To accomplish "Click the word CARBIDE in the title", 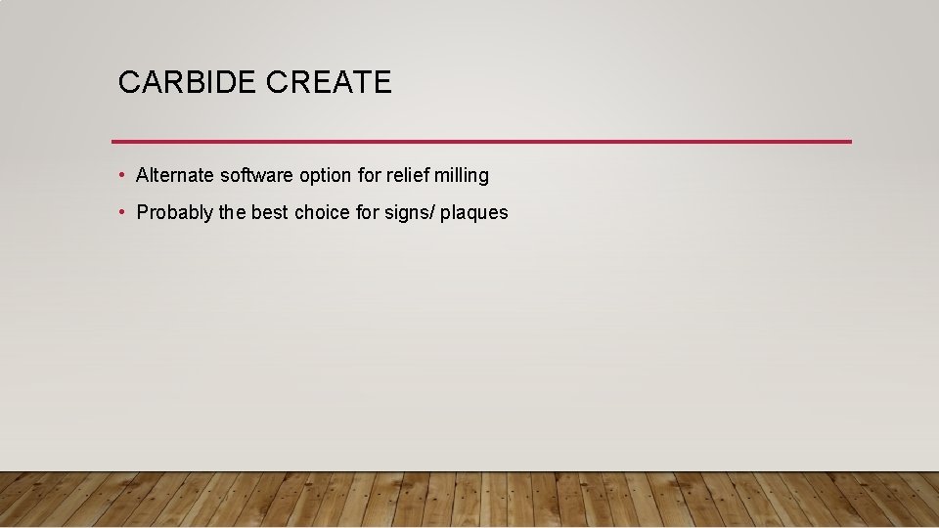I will (187, 82).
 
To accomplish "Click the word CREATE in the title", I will (328, 82).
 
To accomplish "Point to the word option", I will (326, 176).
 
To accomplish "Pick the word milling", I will (463, 176).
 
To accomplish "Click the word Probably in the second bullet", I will (175, 212).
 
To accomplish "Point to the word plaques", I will (474, 212).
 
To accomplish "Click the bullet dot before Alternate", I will (120, 176).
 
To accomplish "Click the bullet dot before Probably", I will (120, 212).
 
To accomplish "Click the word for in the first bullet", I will (371, 176).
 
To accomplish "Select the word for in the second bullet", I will (368, 212).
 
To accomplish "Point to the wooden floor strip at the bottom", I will (469, 500).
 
